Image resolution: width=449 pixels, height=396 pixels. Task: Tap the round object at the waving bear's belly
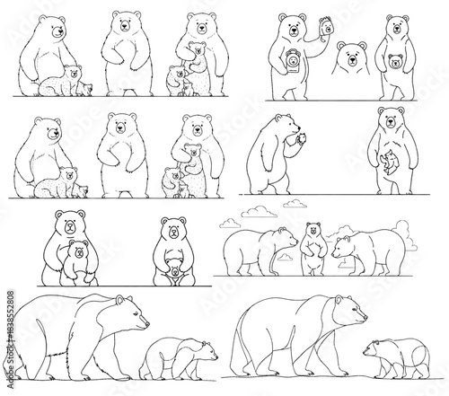click(293, 64)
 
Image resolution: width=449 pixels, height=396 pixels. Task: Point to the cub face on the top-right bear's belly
click(392, 63)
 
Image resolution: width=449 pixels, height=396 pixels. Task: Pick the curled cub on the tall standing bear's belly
click(388, 163)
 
